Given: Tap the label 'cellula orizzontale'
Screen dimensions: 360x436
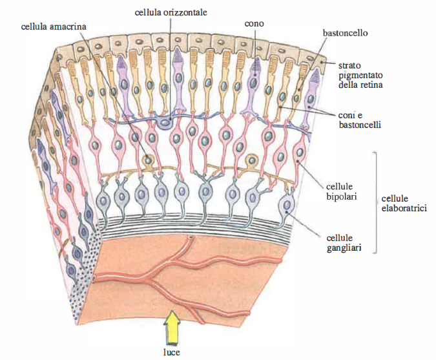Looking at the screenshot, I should (171, 12).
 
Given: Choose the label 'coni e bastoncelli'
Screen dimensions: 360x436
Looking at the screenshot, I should (360, 120).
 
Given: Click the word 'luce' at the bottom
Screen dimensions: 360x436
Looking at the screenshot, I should (171, 352).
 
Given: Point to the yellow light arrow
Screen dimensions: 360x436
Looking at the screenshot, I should (172, 327).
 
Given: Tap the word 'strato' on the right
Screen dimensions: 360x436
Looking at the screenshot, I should (350, 65).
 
